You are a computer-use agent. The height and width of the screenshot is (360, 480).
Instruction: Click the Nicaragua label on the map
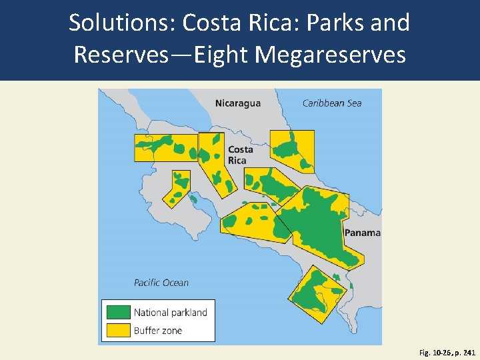(237, 103)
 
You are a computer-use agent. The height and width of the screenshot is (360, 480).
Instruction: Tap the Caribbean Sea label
(331, 103)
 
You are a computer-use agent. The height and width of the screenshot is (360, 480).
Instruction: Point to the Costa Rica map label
(240, 155)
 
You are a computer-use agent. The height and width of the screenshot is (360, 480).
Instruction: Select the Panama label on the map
(362, 233)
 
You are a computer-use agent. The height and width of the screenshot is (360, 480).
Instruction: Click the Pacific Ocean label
(161, 283)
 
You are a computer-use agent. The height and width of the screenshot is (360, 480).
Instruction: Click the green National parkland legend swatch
(118, 312)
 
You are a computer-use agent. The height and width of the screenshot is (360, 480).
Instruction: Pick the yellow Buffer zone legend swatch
(118, 330)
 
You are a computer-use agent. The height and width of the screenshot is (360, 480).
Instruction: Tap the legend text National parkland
(170, 312)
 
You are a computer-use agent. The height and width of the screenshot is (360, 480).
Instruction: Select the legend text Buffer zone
(157, 331)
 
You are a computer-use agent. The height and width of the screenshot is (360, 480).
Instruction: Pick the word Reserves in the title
(121, 54)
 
